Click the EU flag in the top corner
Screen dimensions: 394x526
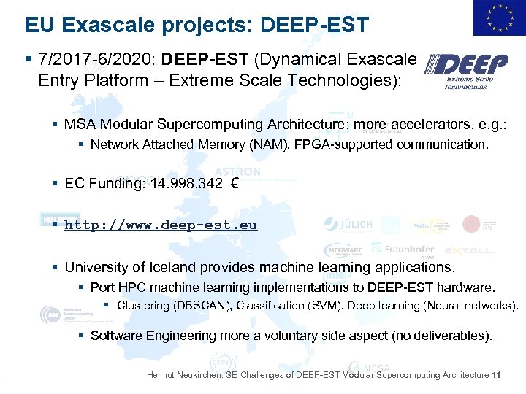pyautogui.click(x=499, y=18)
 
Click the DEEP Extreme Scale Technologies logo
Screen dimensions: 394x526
pyautogui.click(x=468, y=72)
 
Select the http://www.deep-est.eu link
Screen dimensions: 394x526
pyautogui.click(x=161, y=225)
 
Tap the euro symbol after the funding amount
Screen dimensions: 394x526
pyautogui.click(x=234, y=184)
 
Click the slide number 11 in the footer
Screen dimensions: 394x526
pyautogui.click(x=497, y=375)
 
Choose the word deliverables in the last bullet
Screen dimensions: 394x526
pyautogui.click(x=455, y=336)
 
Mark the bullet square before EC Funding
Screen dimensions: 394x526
pyautogui.click(x=56, y=184)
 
